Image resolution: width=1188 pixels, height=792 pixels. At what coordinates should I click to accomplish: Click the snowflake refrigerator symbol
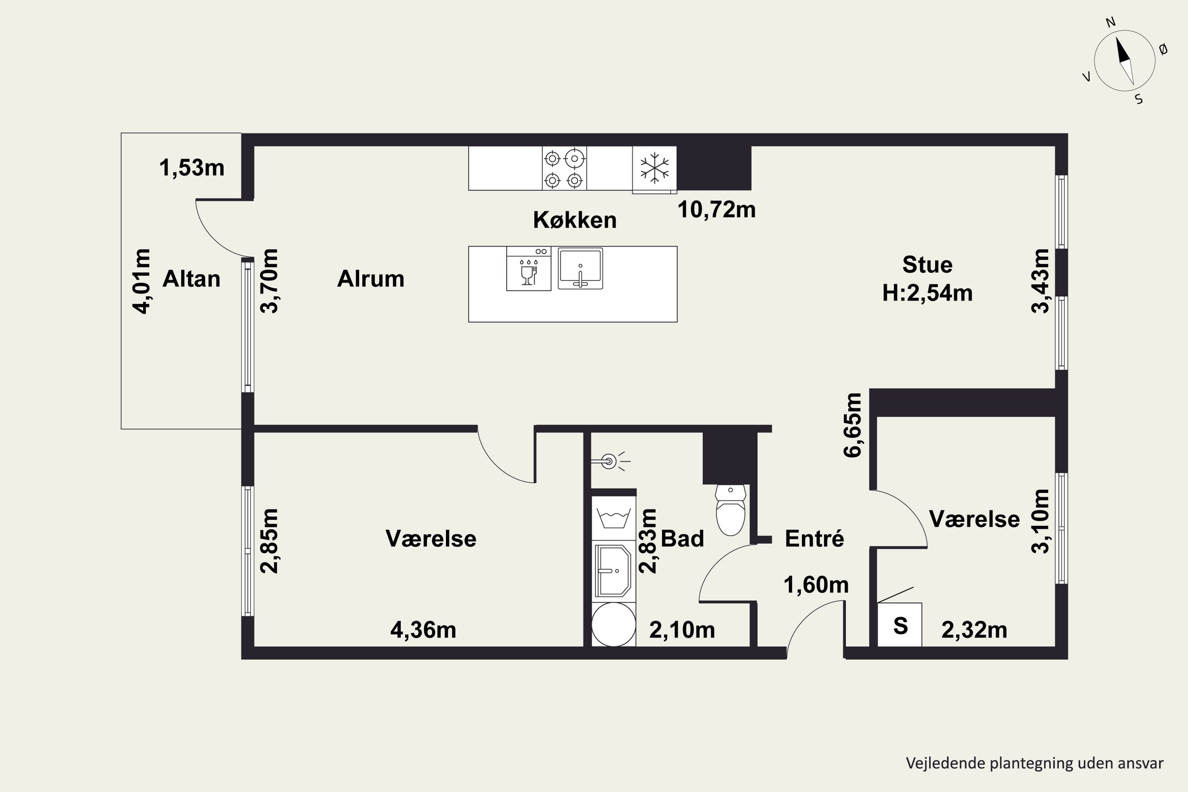[654, 168]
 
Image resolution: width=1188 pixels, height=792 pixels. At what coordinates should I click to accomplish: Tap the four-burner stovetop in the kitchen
[564, 168]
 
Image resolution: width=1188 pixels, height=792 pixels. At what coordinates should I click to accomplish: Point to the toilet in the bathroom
[730, 510]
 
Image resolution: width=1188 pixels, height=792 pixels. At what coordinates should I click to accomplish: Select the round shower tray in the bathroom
[613, 624]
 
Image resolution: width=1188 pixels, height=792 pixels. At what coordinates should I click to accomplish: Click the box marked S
[900, 625]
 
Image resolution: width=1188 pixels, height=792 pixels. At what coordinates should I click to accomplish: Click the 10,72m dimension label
[716, 209]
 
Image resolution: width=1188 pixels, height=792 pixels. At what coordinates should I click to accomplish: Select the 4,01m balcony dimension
[142, 281]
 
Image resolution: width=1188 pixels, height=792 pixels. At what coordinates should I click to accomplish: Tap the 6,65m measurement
[853, 425]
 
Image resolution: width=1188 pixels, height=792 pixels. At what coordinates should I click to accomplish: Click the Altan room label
[191, 279]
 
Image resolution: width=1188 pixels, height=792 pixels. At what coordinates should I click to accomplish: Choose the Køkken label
[575, 220]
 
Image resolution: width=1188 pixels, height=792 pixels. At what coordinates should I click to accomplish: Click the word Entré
[814, 539]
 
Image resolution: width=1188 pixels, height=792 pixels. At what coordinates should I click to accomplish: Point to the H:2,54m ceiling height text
[927, 293]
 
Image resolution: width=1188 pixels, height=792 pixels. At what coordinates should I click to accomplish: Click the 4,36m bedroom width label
[423, 630]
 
